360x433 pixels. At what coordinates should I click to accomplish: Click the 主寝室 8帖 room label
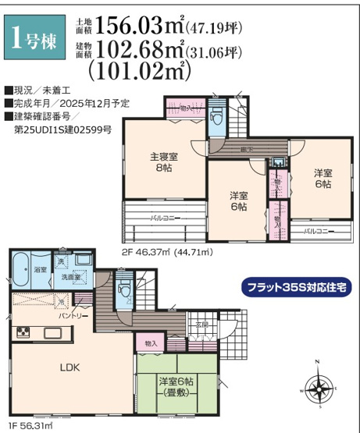click(163, 161)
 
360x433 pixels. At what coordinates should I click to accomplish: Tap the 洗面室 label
click(73, 277)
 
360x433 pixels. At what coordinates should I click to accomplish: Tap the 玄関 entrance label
click(201, 324)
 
